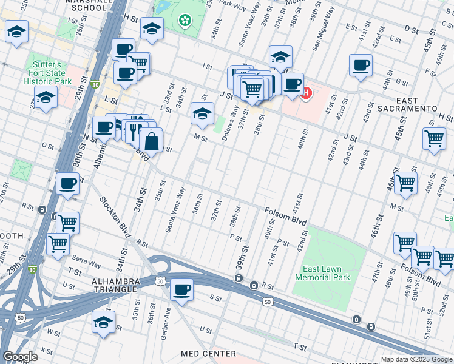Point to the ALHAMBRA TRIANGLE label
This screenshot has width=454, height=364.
[115, 285]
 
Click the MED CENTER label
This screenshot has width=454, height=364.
[208, 354]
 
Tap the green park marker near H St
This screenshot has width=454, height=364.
[184, 21]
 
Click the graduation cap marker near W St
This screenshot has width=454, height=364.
[104, 322]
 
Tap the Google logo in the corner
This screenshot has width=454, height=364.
[20, 357]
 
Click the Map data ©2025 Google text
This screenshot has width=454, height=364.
[416, 359]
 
